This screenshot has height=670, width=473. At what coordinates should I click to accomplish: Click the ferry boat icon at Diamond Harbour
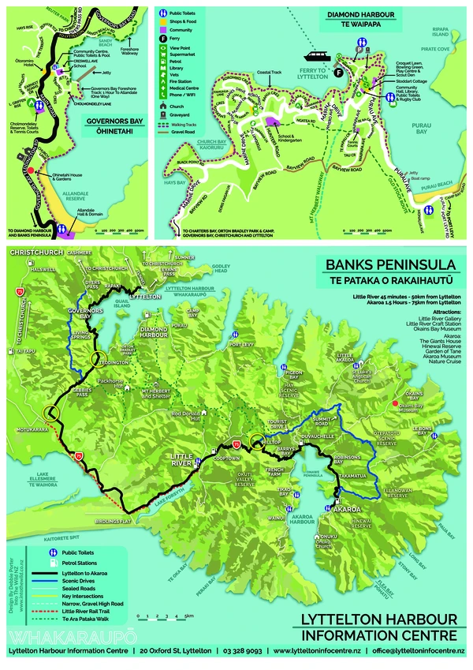318,58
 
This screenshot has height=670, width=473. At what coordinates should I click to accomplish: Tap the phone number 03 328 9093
242,651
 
